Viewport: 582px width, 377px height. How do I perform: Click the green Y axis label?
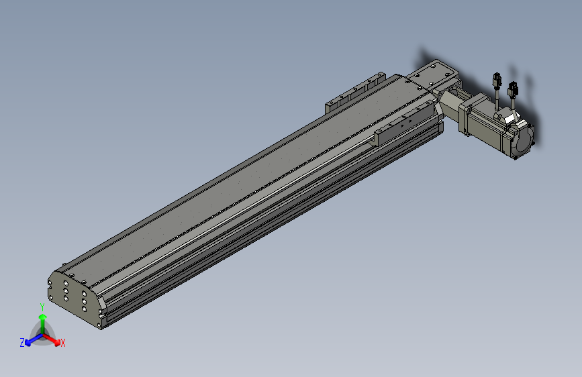[x=42, y=307]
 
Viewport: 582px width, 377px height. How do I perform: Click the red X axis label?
[x=62, y=343]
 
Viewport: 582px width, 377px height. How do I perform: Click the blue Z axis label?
[x=22, y=343]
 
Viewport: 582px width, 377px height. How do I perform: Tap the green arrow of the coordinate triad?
[x=43, y=324]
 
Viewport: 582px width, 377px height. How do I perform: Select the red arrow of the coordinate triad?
[x=52, y=339]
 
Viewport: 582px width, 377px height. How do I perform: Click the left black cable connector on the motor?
[x=497, y=79]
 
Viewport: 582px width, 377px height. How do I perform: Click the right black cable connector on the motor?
[x=513, y=89]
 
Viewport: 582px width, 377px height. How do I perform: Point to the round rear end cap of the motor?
[x=524, y=140]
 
